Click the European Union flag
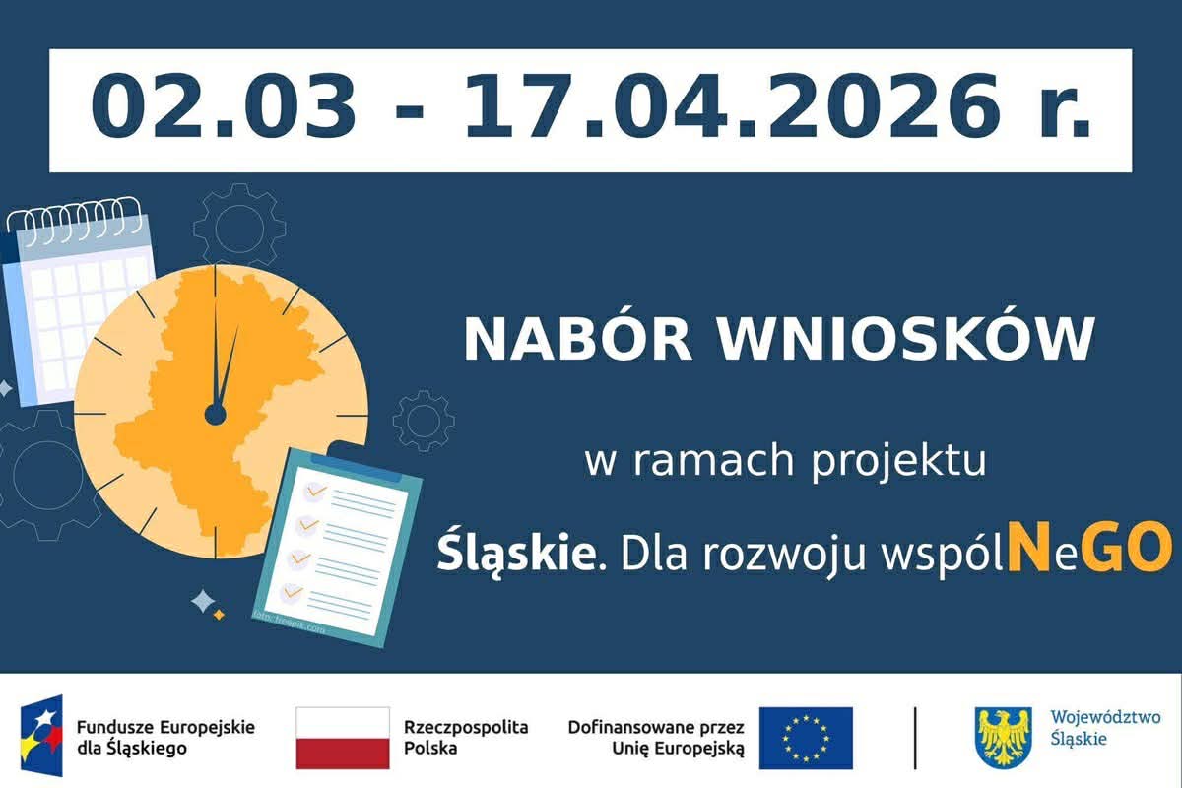pyautogui.click(x=806, y=738)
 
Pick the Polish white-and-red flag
pyautogui.click(x=343, y=738)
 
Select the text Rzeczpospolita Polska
pyautogui.click(x=465, y=737)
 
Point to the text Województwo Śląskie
pyautogui.click(x=1105, y=728)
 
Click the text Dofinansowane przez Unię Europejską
pyautogui.click(x=656, y=737)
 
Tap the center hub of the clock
pyautogui.click(x=216, y=415)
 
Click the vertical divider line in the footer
pyautogui.click(x=915, y=738)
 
